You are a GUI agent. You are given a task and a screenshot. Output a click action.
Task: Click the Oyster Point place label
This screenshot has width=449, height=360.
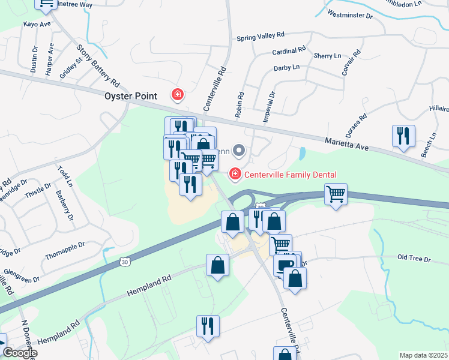point(131,96)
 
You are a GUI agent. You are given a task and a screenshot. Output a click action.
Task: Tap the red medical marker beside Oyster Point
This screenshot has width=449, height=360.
point(178,95)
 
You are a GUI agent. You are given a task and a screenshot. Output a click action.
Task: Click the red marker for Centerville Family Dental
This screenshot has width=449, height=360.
point(235,175)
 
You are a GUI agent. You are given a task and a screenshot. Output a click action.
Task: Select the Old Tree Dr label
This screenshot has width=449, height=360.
point(414,258)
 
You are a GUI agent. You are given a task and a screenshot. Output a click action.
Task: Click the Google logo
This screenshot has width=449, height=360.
point(20,353)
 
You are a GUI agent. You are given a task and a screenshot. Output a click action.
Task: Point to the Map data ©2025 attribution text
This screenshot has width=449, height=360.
point(424,355)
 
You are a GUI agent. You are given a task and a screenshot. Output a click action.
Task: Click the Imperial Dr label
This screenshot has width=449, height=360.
point(268,106)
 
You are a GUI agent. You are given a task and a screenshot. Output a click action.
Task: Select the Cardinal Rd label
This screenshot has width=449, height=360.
point(289,50)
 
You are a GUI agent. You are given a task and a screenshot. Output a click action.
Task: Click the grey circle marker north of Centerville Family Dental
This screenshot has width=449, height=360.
point(239,151)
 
